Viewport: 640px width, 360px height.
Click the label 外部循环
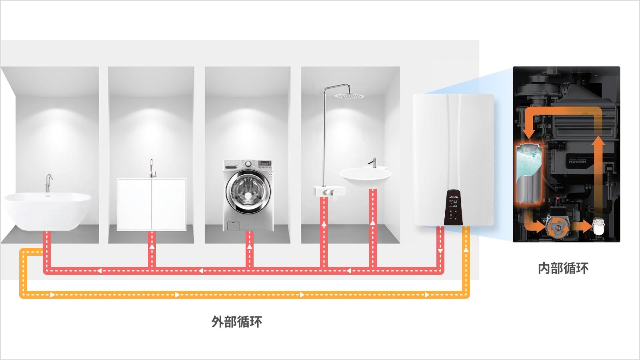coord(237,322)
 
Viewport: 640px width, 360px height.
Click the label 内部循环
coord(563,268)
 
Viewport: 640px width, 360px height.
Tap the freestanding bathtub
coord(47,211)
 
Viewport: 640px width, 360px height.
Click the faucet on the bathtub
coord(48,182)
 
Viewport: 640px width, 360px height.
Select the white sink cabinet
coord(151,204)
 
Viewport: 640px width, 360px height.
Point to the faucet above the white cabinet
coord(151,168)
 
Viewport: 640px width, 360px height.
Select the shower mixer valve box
coord(329,191)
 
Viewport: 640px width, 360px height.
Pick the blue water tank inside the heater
coord(529,172)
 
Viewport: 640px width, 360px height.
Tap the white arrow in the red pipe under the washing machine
coord(250,247)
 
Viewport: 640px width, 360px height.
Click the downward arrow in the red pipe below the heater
coord(440,251)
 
